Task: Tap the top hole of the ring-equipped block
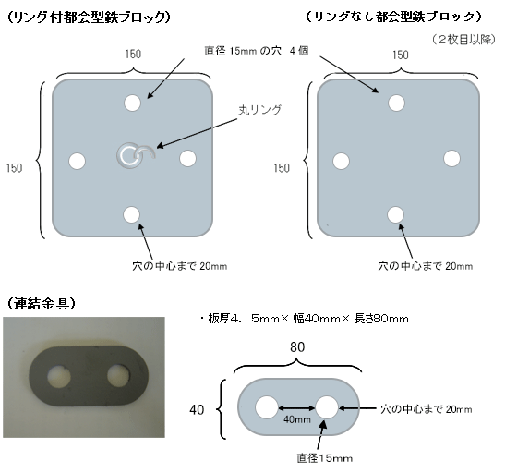pos(132,103)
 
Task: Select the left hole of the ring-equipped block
pos(78,161)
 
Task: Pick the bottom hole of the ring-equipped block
pos(132,215)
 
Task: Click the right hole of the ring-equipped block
pos(187,159)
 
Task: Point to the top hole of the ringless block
pos(396,103)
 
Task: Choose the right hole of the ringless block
pos(451,159)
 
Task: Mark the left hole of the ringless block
pos(341,161)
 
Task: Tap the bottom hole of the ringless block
pos(395,214)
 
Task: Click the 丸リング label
pos(260,110)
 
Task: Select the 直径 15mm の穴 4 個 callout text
pos(257,51)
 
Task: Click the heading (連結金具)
pos(41,303)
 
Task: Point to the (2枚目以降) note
pos(463,40)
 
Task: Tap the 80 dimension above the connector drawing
pos(297,347)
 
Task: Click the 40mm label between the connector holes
pos(297,419)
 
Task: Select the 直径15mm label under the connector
pos(325,458)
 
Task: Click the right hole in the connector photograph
pos(119,375)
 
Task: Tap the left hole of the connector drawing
pos(267,407)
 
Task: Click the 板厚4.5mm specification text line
pos(305,319)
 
